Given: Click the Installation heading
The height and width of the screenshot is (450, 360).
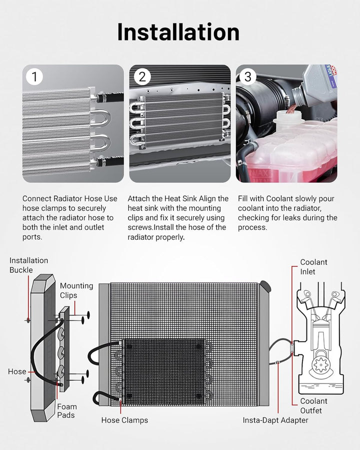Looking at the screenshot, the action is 178,32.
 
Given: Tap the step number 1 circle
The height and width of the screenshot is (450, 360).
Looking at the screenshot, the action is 34,76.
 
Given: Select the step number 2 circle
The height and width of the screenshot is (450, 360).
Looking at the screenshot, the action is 142,76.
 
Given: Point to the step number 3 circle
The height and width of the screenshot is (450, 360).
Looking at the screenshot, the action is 248,76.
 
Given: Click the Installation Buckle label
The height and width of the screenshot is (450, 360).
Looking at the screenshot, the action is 28,265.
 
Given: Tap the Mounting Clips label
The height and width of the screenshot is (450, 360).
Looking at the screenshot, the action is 76,290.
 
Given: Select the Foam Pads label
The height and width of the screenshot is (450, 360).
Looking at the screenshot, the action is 67,410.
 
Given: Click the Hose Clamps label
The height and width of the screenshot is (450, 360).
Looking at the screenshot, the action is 124,420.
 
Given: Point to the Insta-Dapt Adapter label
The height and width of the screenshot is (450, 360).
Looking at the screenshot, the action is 275,420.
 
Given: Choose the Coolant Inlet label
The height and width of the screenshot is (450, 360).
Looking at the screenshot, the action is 313,267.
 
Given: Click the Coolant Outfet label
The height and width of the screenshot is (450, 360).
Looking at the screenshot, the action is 313,406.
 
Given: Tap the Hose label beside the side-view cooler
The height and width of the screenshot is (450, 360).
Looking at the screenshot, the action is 17,371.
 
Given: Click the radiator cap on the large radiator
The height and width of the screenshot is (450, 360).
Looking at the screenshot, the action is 265,286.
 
